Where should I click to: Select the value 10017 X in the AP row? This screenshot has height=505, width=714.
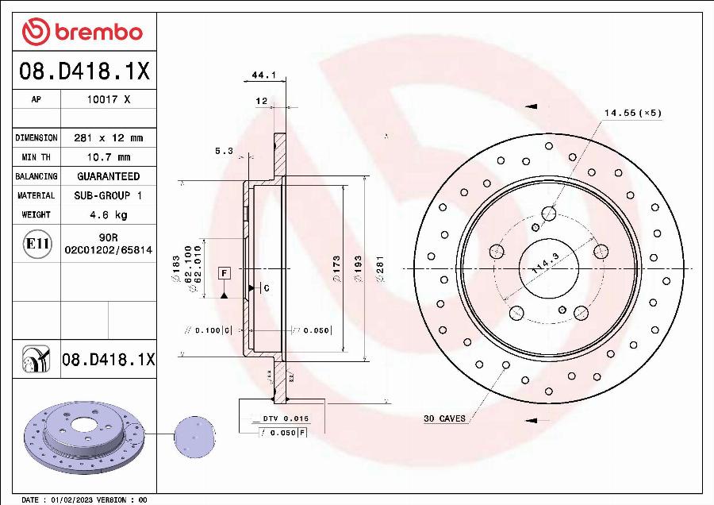point(108,100)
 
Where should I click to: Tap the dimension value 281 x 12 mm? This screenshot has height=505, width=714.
point(108,137)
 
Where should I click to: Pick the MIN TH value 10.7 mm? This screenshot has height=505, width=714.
point(108,157)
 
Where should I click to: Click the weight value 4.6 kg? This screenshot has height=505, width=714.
point(108,214)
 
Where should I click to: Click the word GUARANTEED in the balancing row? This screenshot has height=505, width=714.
point(108,176)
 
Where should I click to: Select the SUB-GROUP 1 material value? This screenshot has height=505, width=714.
point(108,195)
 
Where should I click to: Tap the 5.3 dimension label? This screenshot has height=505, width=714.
point(224,150)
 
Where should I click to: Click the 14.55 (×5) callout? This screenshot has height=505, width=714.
point(632,113)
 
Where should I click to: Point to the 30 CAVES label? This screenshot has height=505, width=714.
point(444,418)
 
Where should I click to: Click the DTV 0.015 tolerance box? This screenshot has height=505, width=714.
point(285,418)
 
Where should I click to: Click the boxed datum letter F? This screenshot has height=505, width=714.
point(225,273)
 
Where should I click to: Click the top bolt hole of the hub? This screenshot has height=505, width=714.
point(548,213)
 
